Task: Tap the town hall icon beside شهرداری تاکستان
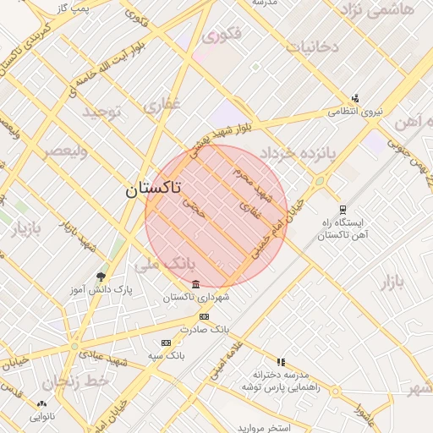[196, 283]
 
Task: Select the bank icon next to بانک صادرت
[202, 315]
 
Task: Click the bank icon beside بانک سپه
[166, 343]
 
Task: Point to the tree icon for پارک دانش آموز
[101, 277]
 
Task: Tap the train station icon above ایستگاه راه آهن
[342, 210]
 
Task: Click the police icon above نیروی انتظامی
[355, 97]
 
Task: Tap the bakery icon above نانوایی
[42, 403]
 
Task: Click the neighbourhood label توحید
[102, 111]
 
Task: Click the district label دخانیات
[312, 46]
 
